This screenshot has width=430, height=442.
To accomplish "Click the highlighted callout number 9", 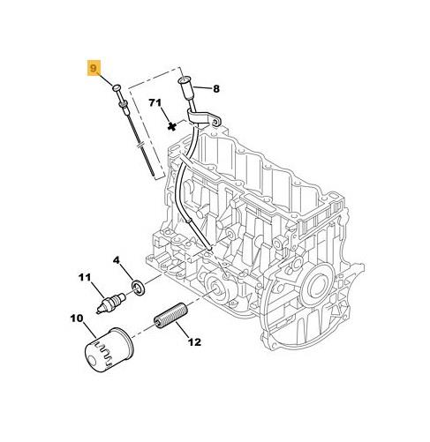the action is tap(93, 68).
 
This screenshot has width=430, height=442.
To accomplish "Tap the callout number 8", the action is tap(216, 88).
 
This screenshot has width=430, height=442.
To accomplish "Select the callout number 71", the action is tap(155, 103).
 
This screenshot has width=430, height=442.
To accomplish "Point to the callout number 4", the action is tap(117, 260).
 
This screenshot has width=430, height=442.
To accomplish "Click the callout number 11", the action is tap(85, 277).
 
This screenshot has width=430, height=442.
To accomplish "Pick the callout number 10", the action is tap(77, 318).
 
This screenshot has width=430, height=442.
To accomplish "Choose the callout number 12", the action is tap(194, 342).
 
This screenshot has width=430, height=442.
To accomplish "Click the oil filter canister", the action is tap(109, 352).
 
